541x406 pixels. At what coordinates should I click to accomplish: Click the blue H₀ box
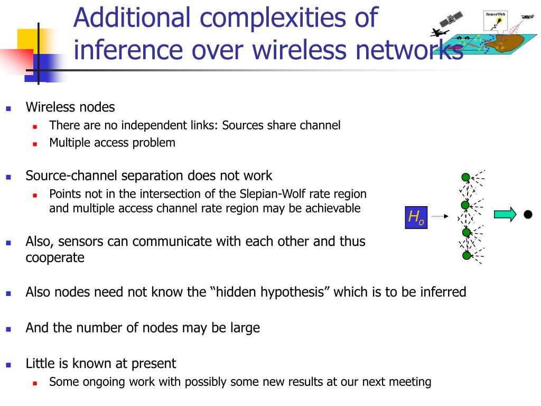[416, 217]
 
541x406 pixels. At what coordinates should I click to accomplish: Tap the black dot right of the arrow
[527, 214]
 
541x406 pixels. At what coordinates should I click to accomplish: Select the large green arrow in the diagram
[505, 214]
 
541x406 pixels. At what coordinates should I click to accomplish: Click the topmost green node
[465, 177]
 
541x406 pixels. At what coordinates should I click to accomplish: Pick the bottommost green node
[467, 255]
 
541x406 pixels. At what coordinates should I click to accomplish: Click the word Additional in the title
[131, 17]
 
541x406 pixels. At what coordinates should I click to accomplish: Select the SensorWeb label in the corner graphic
[496, 14]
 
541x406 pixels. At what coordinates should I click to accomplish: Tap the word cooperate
[55, 258]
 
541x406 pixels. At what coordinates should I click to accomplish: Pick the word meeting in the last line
[410, 382]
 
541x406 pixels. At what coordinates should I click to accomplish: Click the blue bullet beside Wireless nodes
[8, 108]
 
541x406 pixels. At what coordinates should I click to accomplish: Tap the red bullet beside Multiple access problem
[34, 143]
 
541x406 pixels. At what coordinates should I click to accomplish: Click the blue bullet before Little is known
[8, 365]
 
